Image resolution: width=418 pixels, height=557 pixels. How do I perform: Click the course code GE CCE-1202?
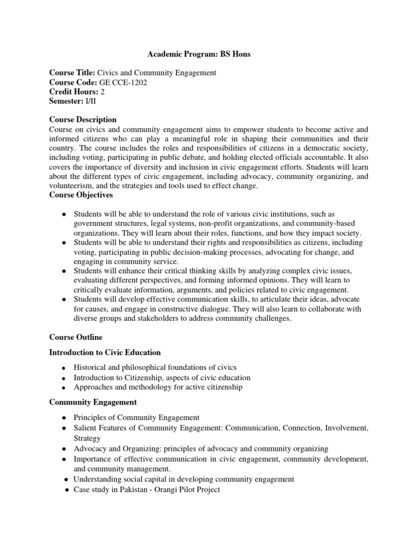[x=124, y=82]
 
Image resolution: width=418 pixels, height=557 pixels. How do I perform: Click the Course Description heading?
[x=83, y=120]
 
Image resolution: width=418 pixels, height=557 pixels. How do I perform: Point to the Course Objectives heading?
[x=81, y=194]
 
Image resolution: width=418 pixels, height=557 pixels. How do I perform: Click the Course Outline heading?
[x=75, y=337]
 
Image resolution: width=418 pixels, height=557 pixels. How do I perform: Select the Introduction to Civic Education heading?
[x=105, y=352]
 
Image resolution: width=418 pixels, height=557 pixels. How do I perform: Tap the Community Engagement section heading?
[x=93, y=402]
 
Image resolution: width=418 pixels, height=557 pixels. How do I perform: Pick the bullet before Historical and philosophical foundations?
[x=64, y=368]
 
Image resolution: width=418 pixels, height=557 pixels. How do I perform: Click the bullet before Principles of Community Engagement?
[x=64, y=418]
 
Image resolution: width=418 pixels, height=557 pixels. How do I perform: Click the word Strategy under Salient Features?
[x=87, y=438]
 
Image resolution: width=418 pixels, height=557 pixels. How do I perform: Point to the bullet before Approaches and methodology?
[x=64, y=388]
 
